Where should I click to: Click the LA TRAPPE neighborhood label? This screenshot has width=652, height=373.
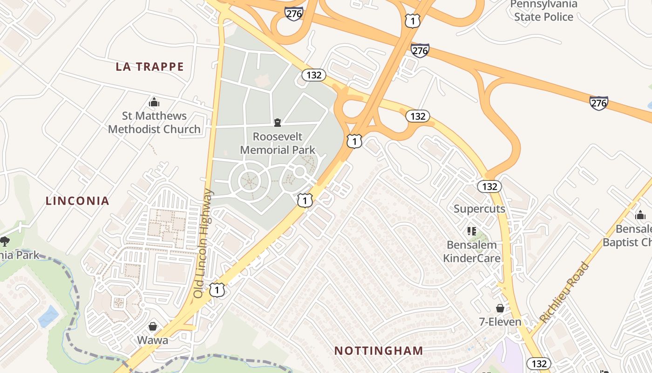149,67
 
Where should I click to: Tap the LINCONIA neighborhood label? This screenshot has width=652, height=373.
77,201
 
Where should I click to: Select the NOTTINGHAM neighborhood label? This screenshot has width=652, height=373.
379,351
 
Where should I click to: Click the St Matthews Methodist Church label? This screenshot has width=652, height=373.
154,122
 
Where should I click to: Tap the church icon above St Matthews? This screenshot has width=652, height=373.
154,102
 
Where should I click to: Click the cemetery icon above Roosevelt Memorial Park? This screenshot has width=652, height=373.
278,123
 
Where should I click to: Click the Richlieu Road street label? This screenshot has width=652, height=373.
564,292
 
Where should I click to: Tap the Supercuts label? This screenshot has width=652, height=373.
479,208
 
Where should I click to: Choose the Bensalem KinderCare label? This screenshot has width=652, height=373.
471,251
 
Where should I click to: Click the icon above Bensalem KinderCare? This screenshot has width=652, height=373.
471,231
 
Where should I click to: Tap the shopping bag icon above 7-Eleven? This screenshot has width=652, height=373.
500,308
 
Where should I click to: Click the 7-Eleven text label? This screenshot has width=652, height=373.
500,322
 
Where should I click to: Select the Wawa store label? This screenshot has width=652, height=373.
152,340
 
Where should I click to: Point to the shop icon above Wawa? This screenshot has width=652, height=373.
152,326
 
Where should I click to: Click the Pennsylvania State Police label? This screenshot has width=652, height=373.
543,11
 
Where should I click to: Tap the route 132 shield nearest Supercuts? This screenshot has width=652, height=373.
489,186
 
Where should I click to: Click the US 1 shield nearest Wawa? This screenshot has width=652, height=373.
217,290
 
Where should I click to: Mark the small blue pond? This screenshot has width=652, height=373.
48,317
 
